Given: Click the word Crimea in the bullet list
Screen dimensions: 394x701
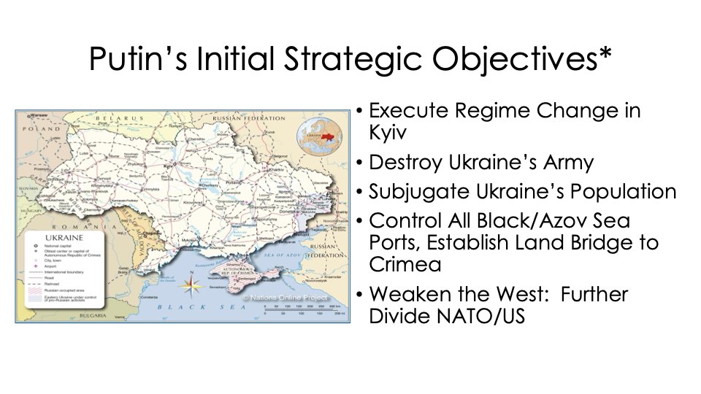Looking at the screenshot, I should point(405,265).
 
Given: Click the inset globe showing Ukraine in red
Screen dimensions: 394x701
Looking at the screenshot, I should point(315,136).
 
